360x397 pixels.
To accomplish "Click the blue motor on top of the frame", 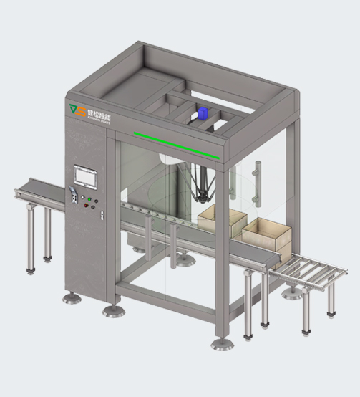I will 204,114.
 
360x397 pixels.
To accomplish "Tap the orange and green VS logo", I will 76,109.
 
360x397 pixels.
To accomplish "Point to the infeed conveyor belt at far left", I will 39,191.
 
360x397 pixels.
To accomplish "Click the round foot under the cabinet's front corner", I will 113,310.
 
